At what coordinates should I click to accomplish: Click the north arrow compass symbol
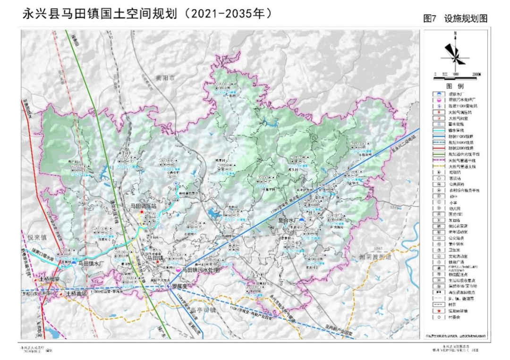point(455,51)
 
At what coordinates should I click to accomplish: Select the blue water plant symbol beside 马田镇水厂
point(75,263)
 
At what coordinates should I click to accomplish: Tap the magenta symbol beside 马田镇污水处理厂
point(178,270)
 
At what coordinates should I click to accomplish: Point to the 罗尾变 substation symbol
point(168,286)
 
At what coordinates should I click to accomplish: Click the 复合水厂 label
point(289,220)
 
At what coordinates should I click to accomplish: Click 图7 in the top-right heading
point(430,19)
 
